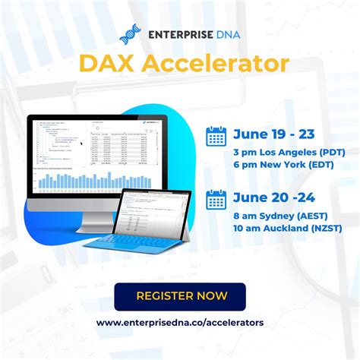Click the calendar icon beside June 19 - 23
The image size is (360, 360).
pyautogui.click(x=216, y=136)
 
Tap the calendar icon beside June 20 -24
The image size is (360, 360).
pyautogui.click(x=216, y=200)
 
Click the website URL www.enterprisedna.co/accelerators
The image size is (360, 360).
pyautogui.click(x=180, y=323)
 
